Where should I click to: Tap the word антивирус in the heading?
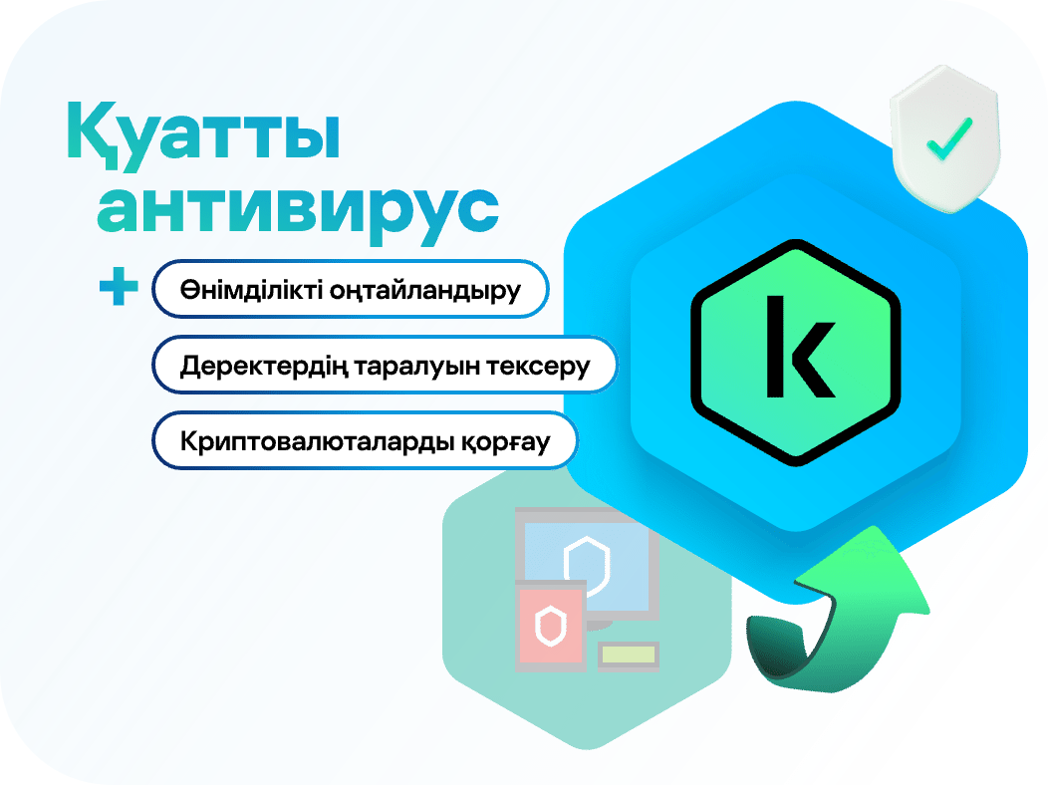[x=298, y=209]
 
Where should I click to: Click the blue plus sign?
[x=119, y=287]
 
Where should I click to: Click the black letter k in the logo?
[x=799, y=347]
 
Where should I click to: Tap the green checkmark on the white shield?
[x=949, y=138]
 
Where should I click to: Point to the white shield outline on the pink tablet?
[x=551, y=627]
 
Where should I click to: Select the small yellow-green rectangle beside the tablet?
[x=629, y=654]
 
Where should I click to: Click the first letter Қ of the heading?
[x=93, y=134]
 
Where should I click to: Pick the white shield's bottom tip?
[x=949, y=212]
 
